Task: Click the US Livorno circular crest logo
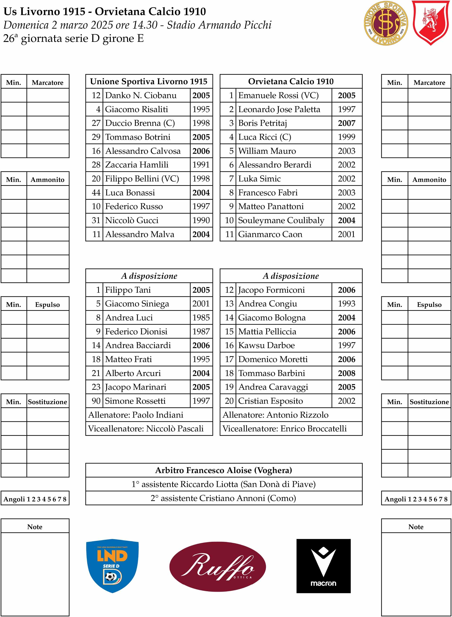[386, 23]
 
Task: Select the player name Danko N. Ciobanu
[141, 95]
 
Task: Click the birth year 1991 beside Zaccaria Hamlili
[201, 165]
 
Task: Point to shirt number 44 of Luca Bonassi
[96, 192]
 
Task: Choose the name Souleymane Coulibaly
[281, 220]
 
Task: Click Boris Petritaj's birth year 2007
[346, 123]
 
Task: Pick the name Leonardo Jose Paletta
[279, 109]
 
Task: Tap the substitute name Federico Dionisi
[136, 332]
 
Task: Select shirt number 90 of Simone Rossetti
[96, 401]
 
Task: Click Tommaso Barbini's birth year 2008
[346, 373]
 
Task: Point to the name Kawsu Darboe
[266, 345]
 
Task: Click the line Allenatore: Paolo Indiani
[136, 415]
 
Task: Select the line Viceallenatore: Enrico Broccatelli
[284, 429]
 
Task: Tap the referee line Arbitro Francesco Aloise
[223, 470]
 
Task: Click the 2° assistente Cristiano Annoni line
[223, 498]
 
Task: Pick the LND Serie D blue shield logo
[112, 566]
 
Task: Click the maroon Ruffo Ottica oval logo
[218, 566]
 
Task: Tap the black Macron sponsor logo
[323, 566]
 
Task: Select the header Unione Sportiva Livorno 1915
[149, 82]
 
